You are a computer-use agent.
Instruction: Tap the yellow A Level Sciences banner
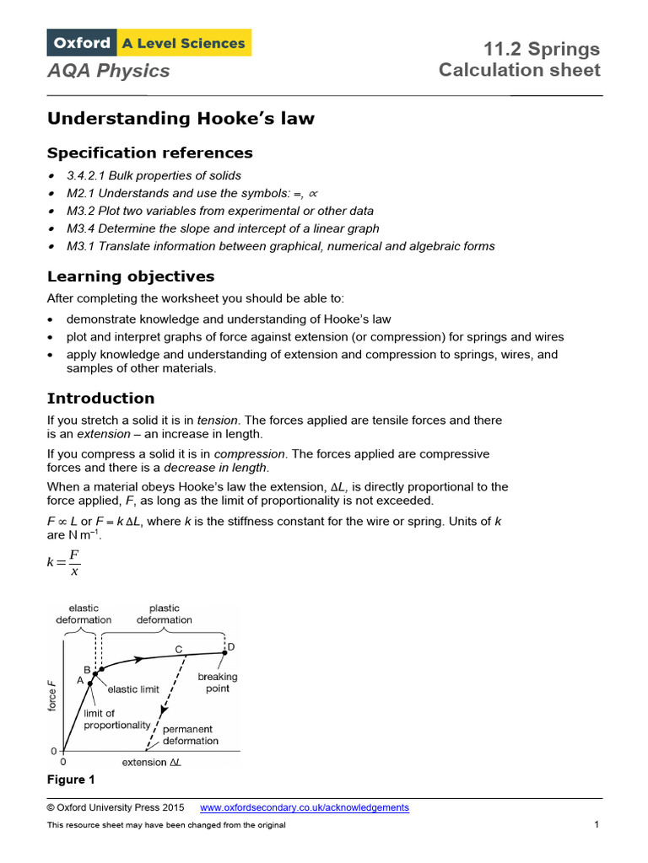click(x=184, y=42)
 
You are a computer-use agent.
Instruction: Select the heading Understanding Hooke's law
click(x=181, y=119)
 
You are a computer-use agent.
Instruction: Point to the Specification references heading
click(x=149, y=153)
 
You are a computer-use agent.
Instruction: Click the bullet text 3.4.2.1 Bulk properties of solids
click(x=154, y=175)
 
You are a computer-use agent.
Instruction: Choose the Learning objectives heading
click(x=131, y=276)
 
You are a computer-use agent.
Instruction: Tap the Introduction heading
click(x=100, y=398)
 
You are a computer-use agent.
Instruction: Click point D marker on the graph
click(x=224, y=651)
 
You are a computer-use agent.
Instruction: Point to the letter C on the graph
click(x=179, y=648)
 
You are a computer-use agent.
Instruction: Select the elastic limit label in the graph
click(x=132, y=689)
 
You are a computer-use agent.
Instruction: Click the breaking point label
click(x=218, y=683)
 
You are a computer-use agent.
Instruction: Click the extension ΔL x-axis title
click(x=152, y=763)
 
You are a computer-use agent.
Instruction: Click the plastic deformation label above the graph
click(x=164, y=614)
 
